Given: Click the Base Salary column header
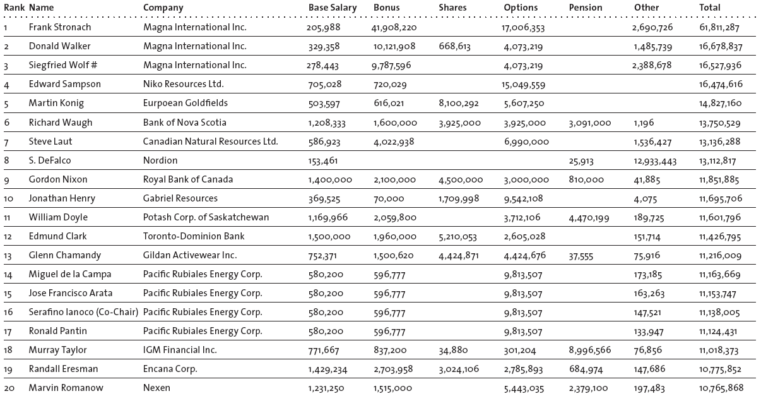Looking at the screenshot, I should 332,8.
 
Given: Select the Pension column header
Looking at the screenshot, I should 585,8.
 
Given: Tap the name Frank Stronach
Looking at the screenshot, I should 59,27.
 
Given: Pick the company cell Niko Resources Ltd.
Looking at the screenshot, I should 183,84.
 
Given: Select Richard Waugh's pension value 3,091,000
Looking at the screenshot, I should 589,123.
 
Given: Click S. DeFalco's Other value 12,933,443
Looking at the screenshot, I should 655,161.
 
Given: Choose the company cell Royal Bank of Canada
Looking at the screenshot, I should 187,179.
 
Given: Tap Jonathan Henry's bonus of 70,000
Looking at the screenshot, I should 389,198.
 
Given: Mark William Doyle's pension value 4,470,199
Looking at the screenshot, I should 589,217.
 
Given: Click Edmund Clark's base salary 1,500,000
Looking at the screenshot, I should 329,236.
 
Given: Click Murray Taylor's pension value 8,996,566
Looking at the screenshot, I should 590,350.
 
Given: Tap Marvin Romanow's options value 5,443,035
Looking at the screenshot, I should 524,388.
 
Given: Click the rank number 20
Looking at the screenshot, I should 9,388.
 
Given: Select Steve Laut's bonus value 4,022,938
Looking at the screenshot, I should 394,141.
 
